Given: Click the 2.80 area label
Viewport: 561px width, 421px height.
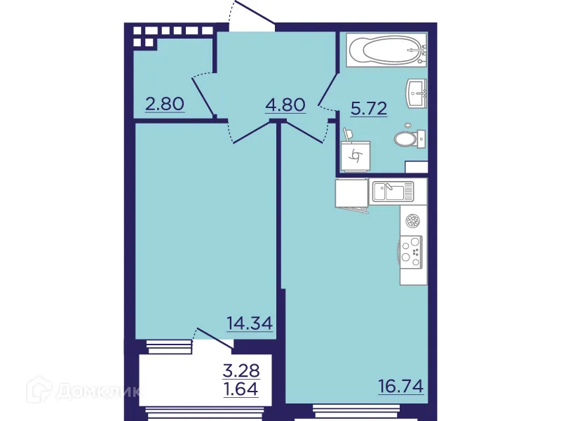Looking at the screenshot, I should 164,105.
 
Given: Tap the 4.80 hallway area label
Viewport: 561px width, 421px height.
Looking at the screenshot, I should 285,105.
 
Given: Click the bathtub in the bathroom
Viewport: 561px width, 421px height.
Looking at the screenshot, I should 385,50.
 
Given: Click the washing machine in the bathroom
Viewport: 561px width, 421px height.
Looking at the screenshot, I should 355,155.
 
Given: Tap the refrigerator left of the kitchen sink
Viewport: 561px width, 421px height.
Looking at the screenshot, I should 352,193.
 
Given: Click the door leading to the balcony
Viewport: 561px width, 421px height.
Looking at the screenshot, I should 215,338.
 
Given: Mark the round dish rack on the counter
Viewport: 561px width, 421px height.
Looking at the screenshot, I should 413,222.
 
